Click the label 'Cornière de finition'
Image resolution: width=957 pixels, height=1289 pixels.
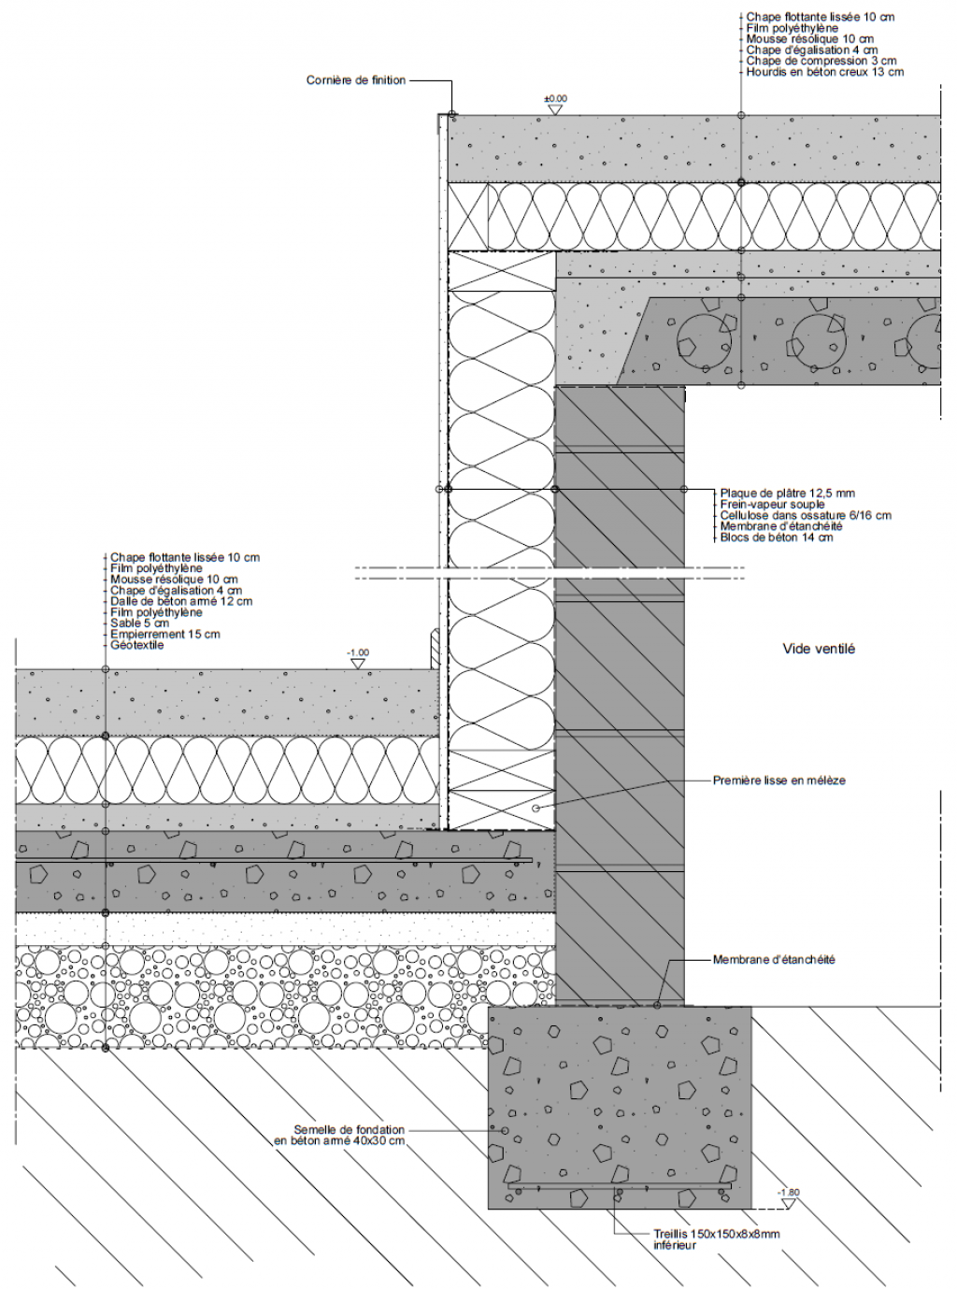point(356,80)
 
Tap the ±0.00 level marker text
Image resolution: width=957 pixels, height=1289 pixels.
point(555,99)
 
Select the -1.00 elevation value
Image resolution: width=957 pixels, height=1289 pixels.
point(358,653)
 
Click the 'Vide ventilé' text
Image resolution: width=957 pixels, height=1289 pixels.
point(819,649)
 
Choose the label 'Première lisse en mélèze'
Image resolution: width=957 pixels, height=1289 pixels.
point(779,781)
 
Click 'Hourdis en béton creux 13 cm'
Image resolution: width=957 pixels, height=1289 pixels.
point(825,72)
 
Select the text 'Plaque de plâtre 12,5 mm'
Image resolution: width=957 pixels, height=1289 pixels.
point(787,494)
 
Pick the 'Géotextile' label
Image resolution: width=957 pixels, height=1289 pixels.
point(137,645)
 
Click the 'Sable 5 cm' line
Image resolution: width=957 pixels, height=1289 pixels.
point(139,623)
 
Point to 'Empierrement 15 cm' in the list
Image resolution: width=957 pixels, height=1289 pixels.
point(165,634)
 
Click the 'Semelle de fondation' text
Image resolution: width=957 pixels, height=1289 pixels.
point(349,1130)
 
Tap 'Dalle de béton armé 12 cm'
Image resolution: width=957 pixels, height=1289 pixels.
point(181,601)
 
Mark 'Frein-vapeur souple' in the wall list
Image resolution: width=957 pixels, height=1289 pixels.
point(772,505)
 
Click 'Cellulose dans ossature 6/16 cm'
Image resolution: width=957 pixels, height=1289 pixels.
point(806,515)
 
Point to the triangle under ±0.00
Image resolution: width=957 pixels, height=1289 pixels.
point(555,110)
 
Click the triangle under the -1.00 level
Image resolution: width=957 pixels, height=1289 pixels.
point(358,664)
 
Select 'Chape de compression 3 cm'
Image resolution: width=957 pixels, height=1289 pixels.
point(821,61)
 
